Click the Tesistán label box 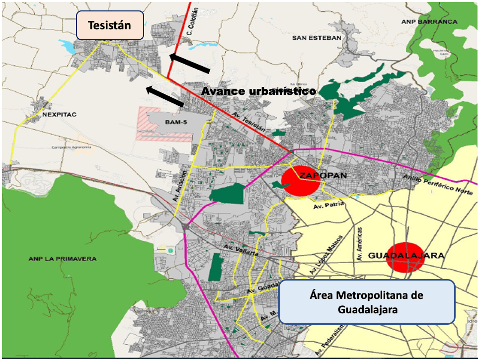click(x=109, y=25)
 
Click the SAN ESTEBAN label click(x=317, y=38)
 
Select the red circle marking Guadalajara click(x=405, y=257)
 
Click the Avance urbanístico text click(x=258, y=91)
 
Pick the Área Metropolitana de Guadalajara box click(x=367, y=302)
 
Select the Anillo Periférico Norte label click(x=435, y=184)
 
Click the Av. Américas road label click(x=360, y=244)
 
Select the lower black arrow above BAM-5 click(x=165, y=96)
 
